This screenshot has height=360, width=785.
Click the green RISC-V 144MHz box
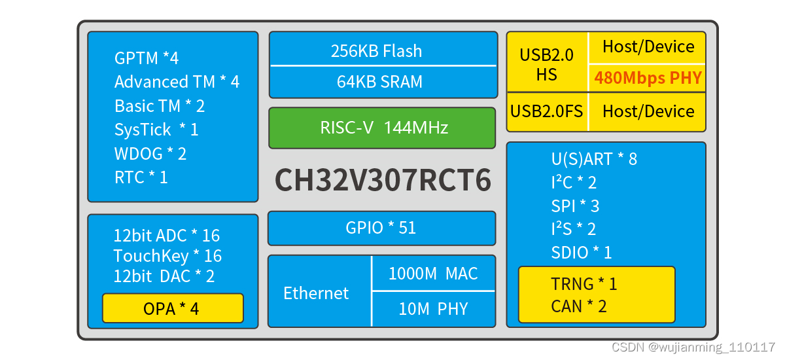tap(382, 128)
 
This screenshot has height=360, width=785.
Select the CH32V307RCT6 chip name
tap(383, 179)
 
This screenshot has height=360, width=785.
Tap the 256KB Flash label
tap(376, 51)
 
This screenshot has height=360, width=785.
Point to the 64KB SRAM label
tap(379, 82)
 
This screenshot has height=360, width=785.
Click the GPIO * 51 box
tap(381, 228)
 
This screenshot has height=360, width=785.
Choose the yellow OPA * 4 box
tap(171, 308)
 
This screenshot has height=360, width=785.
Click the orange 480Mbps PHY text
tap(648, 79)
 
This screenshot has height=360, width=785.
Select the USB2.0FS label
tap(546, 111)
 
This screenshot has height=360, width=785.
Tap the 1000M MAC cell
tap(433, 274)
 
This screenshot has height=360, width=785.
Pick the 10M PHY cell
tap(433, 309)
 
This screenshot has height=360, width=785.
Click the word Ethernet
tap(316, 293)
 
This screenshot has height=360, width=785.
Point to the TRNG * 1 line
tap(584, 283)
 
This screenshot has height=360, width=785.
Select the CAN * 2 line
tap(579, 306)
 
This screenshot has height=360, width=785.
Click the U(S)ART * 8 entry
tap(594, 159)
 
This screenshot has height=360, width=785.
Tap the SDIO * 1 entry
tap(582, 253)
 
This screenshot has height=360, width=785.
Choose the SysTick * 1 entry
tap(156, 130)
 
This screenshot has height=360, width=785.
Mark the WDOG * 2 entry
tap(150, 154)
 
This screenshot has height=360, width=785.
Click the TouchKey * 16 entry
tap(167, 256)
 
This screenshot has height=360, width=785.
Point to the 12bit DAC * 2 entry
tap(164, 276)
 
